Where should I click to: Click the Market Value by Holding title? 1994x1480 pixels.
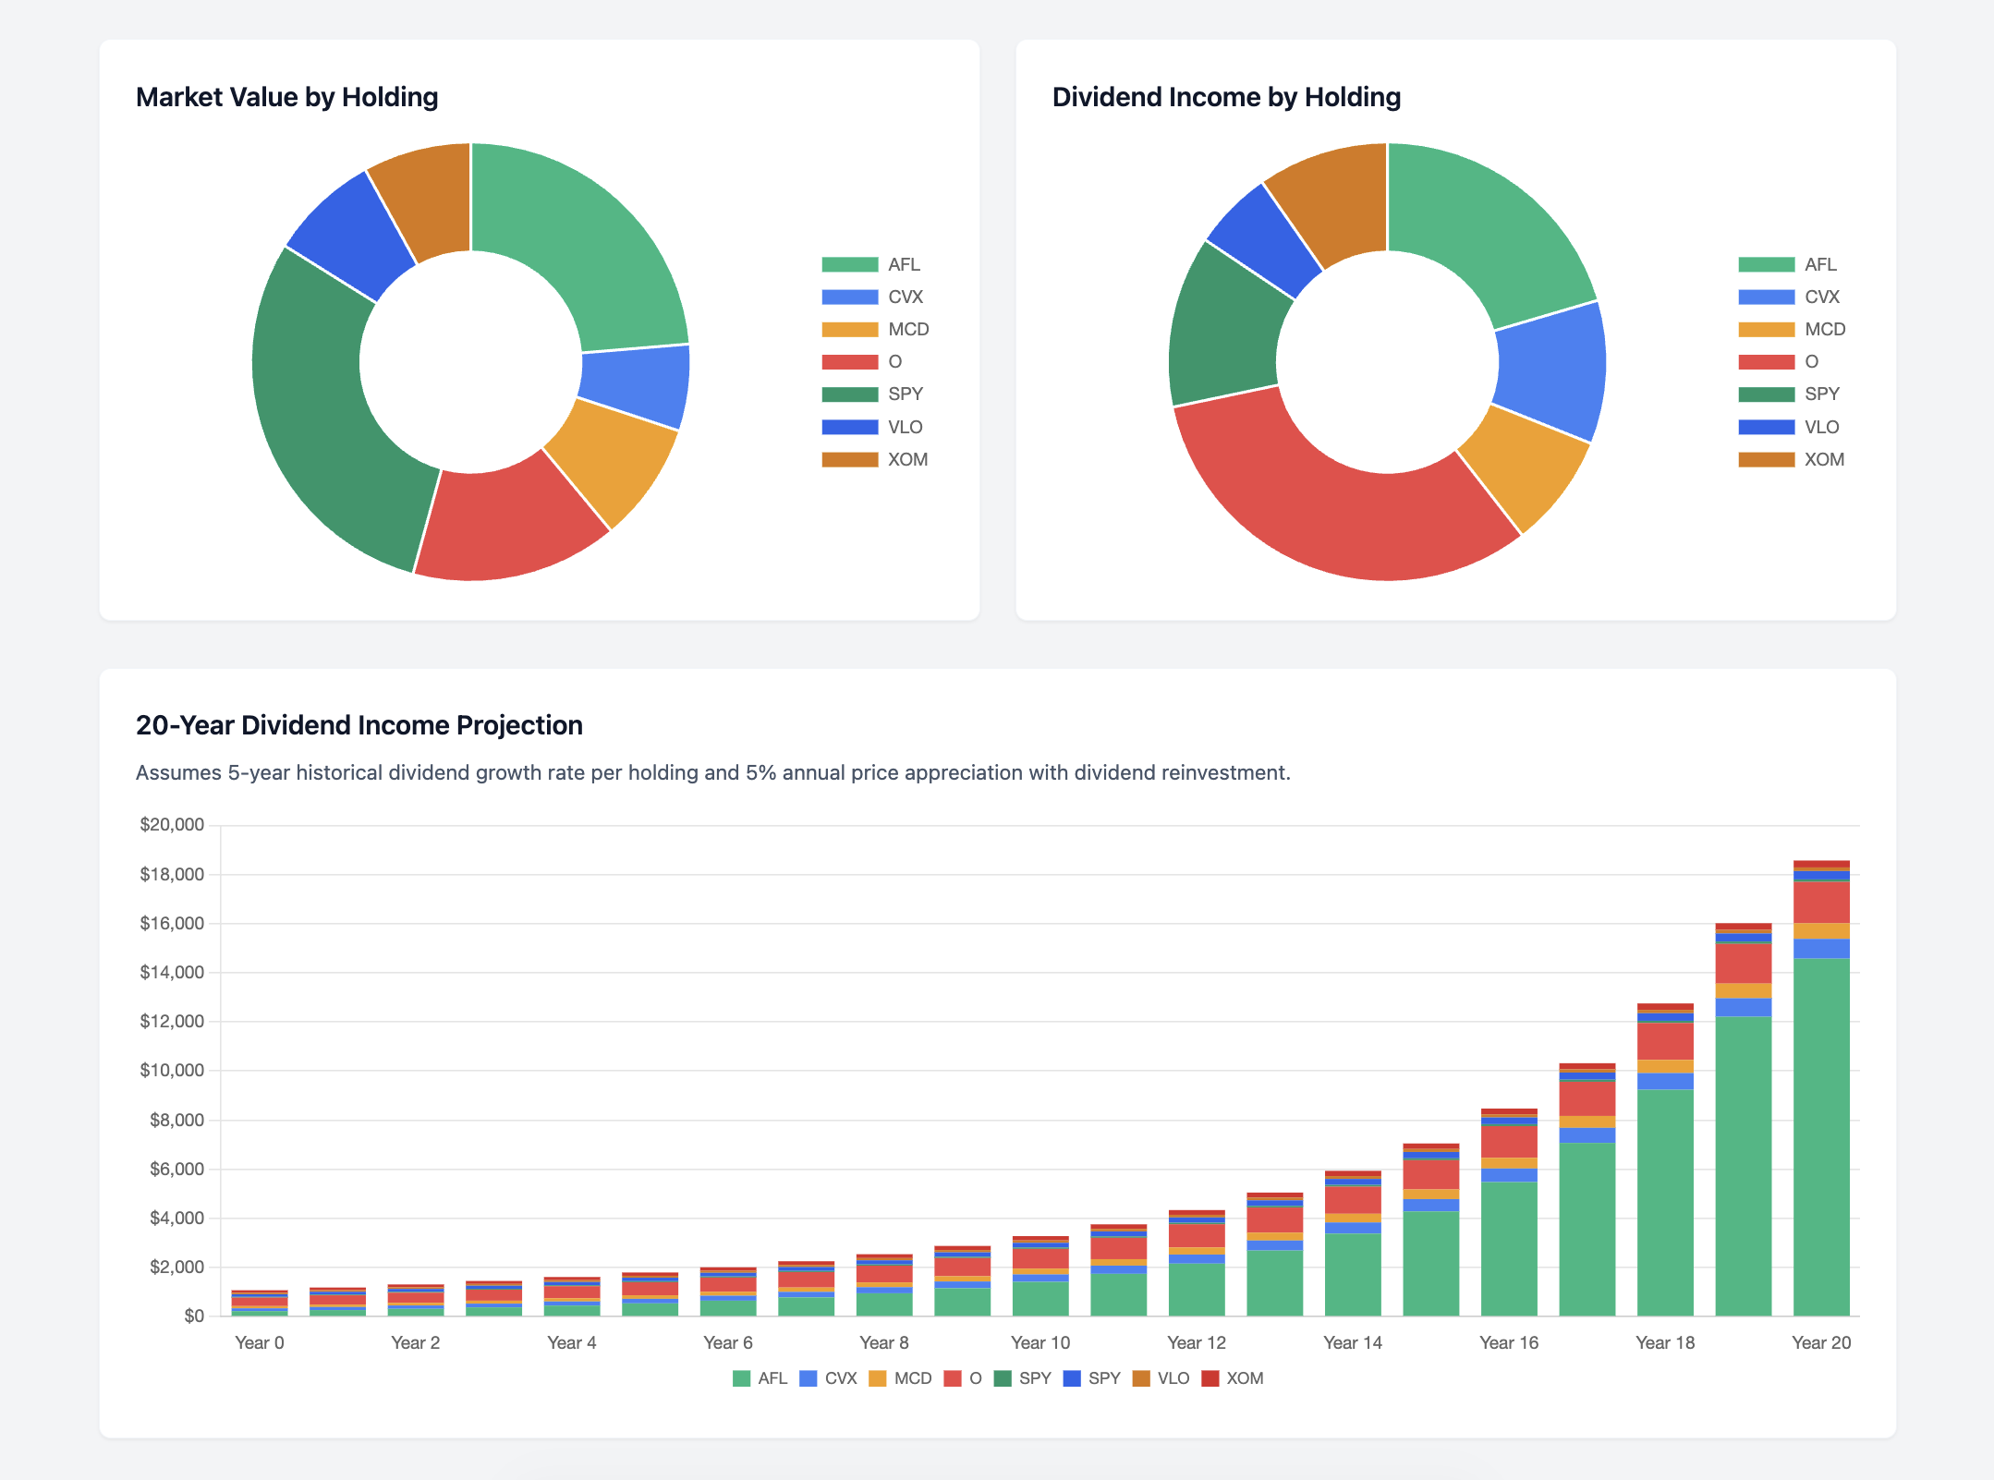(x=286, y=97)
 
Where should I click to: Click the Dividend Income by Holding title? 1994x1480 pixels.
(x=1225, y=97)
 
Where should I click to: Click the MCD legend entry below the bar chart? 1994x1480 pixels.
(x=901, y=1378)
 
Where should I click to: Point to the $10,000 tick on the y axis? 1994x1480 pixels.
(x=172, y=1071)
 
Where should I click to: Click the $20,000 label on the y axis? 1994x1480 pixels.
(x=172, y=825)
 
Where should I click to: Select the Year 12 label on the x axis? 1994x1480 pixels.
(x=1196, y=1342)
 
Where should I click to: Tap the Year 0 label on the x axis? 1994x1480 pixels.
(x=259, y=1342)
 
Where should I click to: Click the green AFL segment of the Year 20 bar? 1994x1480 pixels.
(x=1820, y=1136)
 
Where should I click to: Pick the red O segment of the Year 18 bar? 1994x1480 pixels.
(x=1665, y=1041)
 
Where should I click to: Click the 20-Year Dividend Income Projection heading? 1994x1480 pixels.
(x=359, y=725)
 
